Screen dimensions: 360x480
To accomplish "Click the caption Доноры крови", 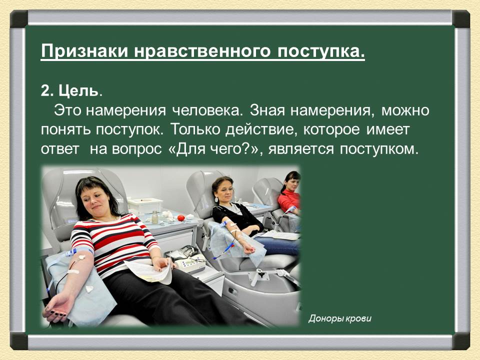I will (340, 318).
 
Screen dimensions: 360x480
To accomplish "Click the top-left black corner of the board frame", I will (19, 19).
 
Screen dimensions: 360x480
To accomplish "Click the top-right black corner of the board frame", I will (461, 19).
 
